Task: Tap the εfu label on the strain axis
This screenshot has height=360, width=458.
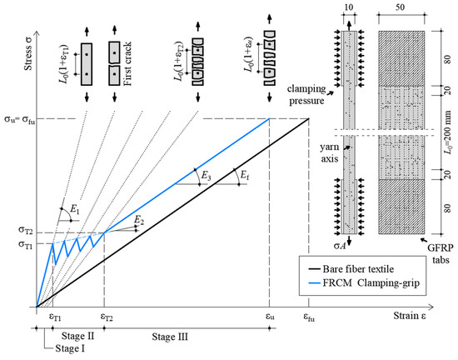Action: [310, 317]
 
